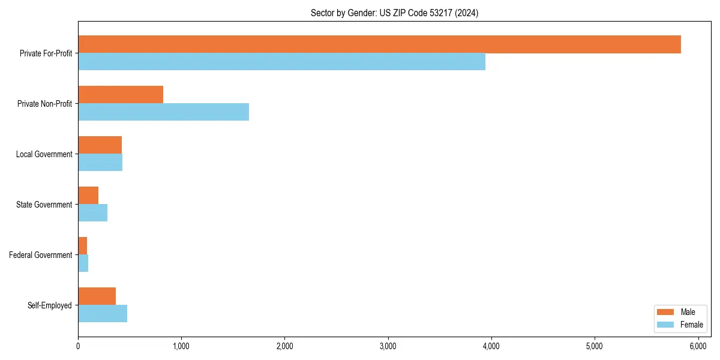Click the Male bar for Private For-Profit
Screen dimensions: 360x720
point(379,44)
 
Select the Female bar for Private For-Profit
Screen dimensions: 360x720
point(281,62)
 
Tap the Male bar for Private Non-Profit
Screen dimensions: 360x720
point(121,95)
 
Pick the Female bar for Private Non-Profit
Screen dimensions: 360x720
point(163,112)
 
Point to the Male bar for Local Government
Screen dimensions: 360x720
point(100,145)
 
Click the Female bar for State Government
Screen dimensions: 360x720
point(92,213)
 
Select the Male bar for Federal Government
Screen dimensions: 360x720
point(82,246)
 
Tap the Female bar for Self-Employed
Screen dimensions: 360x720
point(103,314)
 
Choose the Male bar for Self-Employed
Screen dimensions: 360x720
point(97,296)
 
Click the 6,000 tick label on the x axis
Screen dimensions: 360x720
point(698,346)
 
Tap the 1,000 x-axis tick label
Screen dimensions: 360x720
point(181,346)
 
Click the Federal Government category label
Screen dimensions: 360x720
point(41,255)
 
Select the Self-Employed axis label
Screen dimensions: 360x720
point(50,305)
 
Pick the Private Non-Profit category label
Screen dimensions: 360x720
point(45,104)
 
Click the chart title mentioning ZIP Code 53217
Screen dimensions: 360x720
point(394,13)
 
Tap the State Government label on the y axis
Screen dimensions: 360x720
point(44,205)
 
